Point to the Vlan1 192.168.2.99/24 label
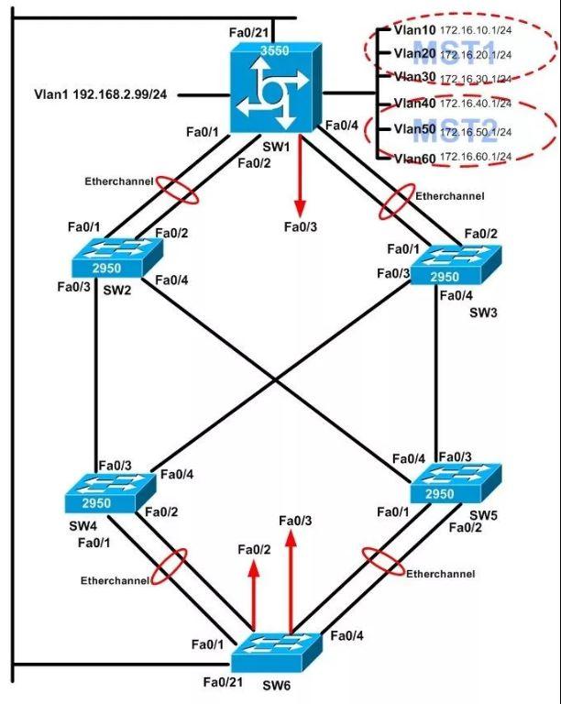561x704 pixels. (100, 93)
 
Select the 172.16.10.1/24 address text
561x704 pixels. (476, 30)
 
